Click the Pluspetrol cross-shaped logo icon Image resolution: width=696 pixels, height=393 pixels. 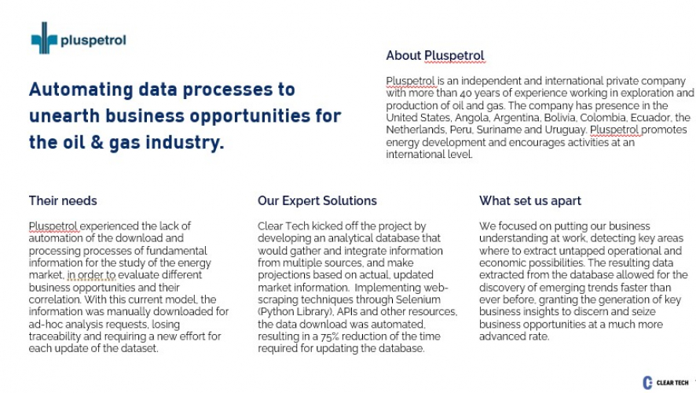pyautogui.click(x=45, y=38)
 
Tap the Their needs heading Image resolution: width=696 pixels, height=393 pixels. pyautogui.click(x=63, y=200)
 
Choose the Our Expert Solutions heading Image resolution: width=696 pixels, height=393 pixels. pyautogui.click(x=317, y=200)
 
